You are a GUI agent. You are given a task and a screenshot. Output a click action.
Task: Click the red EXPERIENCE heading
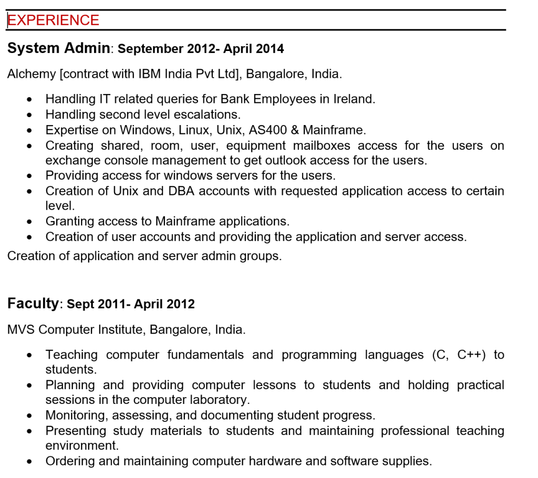(53, 20)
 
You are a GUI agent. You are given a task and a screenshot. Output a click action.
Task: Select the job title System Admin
(58, 48)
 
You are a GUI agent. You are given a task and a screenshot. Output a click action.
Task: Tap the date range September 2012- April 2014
(201, 49)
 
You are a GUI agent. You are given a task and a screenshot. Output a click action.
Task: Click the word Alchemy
(32, 74)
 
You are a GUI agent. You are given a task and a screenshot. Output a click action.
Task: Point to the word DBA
(181, 191)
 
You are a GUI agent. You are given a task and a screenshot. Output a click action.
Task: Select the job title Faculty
(33, 304)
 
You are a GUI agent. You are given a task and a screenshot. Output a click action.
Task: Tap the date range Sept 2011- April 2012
(131, 304)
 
